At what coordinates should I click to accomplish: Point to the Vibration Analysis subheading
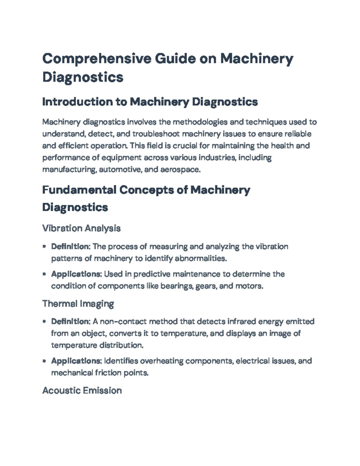point(81,228)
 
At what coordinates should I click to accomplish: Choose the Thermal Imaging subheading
point(78,304)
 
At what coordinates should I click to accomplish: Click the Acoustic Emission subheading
point(82,390)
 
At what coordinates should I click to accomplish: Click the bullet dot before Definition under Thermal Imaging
point(44,322)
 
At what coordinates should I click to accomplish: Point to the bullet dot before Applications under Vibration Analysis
point(44,274)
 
